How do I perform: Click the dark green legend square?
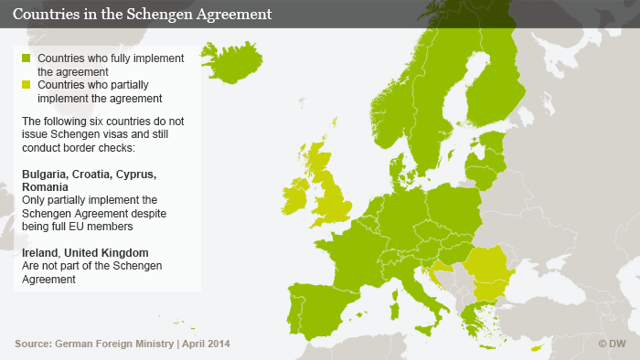click(27, 58)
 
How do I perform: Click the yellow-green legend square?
click(27, 85)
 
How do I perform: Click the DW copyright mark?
click(614, 344)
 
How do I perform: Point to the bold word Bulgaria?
click(47, 174)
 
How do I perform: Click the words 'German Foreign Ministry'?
click(114, 344)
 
